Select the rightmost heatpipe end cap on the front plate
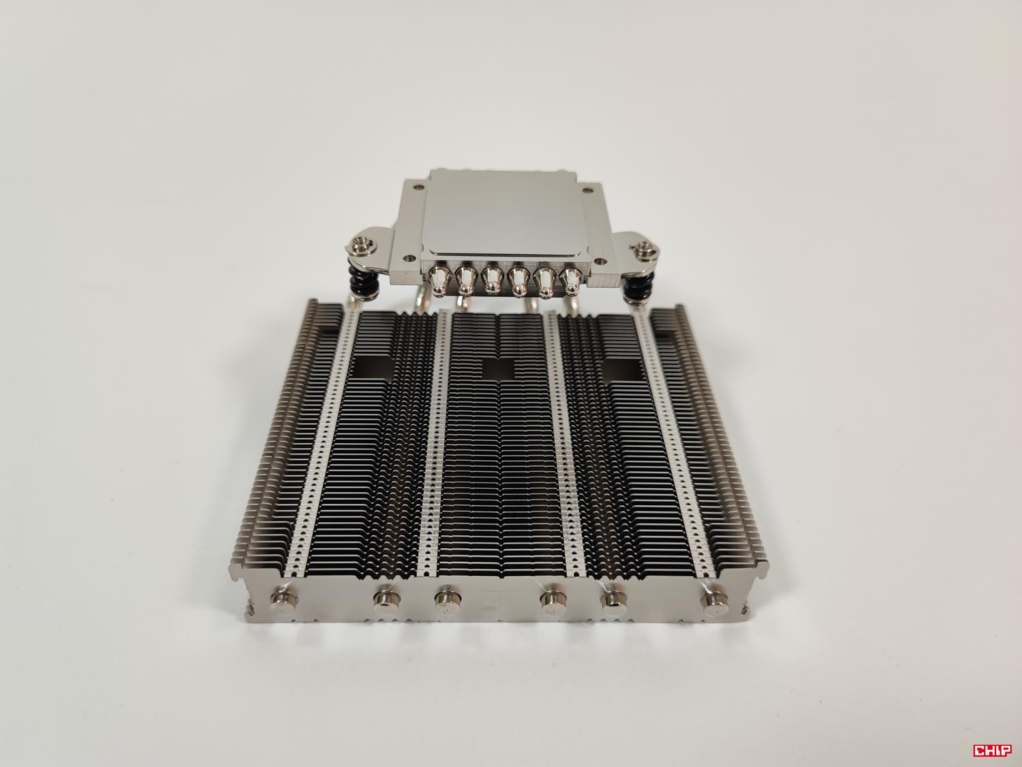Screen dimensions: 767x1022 coord(713,600)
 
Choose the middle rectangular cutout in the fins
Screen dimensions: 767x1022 coord(497,368)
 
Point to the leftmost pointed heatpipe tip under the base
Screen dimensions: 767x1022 coord(440,280)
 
